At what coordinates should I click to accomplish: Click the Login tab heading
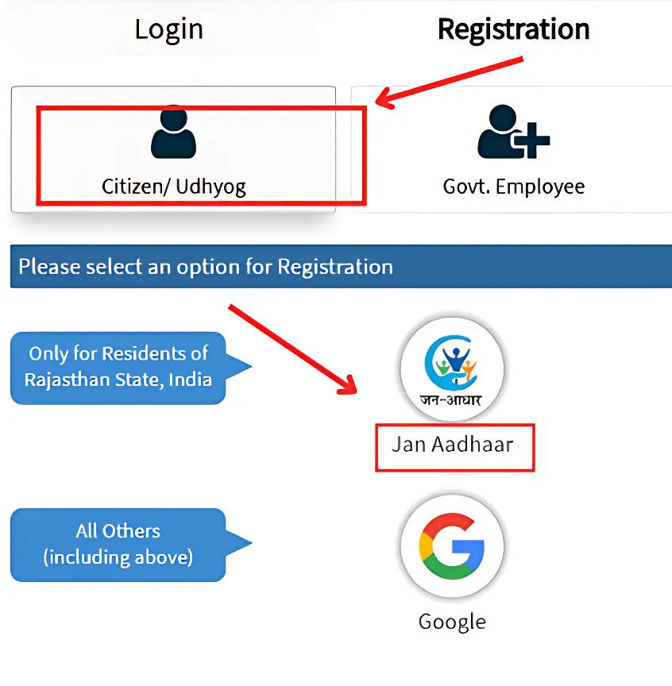(x=168, y=30)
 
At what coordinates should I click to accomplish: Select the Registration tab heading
(x=513, y=30)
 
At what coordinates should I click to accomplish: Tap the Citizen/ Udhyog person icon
(x=173, y=133)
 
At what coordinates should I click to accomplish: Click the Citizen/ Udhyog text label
(x=174, y=187)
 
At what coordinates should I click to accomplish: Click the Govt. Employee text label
(x=513, y=187)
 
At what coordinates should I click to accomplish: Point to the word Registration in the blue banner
(x=334, y=267)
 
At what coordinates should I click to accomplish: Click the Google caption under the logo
(x=452, y=621)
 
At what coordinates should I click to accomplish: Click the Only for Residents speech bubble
(x=118, y=367)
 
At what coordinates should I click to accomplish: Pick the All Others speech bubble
(x=118, y=544)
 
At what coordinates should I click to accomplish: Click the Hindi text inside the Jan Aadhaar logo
(x=451, y=399)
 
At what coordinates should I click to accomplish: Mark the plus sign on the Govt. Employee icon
(x=534, y=142)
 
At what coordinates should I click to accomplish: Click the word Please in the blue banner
(x=47, y=267)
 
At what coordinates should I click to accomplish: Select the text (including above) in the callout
(x=118, y=557)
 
